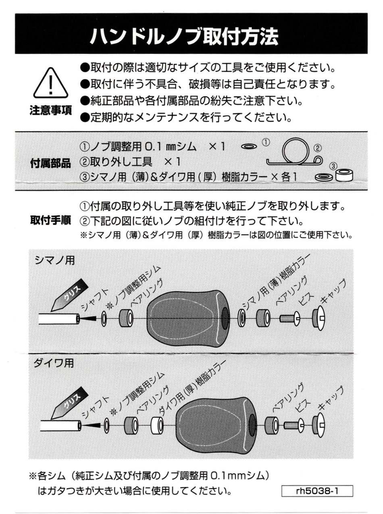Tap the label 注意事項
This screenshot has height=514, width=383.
click(x=50, y=111)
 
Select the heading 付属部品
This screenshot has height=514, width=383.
click(x=50, y=164)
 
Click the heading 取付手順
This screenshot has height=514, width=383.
click(x=50, y=220)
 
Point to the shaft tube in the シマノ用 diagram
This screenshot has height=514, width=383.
click(x=59, y=319)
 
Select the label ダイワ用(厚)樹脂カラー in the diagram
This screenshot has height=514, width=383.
click(x=189, y=387)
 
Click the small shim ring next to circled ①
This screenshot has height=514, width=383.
click(x=249, y=147)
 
